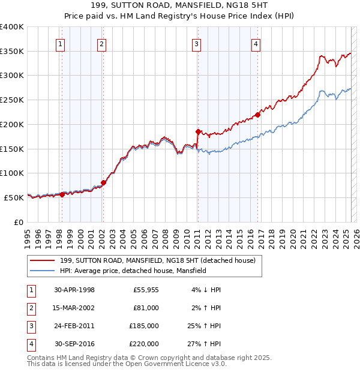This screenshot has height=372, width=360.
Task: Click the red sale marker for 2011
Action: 198,131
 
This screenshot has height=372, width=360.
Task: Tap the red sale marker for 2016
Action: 257,114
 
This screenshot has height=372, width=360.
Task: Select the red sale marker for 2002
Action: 103,182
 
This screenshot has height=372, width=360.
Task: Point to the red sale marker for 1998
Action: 62,194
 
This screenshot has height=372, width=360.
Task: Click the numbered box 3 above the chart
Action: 196,43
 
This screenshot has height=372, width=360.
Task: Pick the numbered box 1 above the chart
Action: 61,43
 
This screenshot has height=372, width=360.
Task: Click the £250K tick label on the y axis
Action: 12,100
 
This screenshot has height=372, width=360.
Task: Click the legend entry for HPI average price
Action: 133,271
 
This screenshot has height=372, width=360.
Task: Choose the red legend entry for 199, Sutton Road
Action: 157,260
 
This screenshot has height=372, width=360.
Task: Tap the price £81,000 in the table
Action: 146,308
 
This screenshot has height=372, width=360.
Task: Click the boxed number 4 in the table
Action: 31,344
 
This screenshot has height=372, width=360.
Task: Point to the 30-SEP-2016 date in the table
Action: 74,344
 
